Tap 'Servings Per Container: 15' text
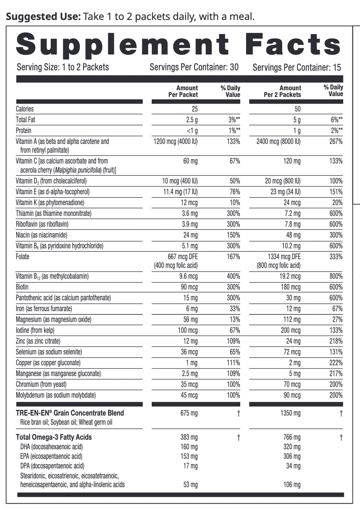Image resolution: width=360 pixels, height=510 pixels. pos(297,67)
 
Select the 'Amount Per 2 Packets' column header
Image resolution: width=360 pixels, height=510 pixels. pos(282,91)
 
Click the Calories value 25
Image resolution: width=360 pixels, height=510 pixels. pos(194,109)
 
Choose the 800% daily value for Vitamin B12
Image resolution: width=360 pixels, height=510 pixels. pos(335,276)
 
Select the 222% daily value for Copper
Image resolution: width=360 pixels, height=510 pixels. pos(335,363)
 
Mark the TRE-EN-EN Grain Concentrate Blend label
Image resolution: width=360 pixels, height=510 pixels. pos(70,413)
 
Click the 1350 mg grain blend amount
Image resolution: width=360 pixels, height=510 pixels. pos(291,413)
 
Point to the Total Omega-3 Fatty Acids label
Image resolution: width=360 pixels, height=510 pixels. pos(54,437)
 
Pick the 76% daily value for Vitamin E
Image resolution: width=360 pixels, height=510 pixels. pos(234,192)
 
